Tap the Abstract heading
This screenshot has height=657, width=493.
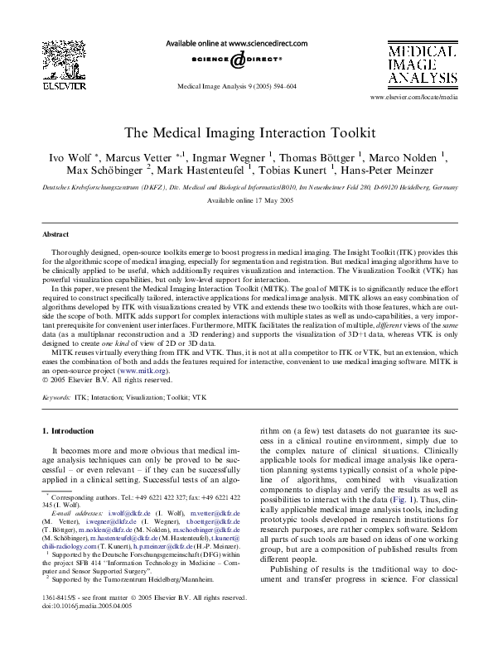pos(55,235)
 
